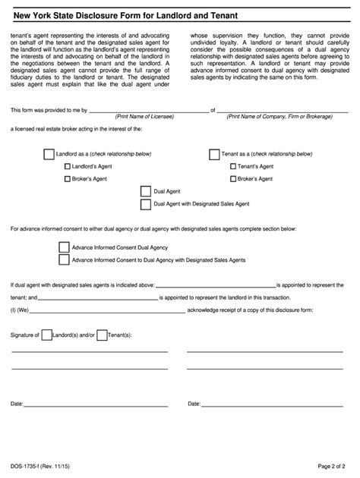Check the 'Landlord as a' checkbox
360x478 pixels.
pos(49,154)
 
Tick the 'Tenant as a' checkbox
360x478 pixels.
pos(214,154)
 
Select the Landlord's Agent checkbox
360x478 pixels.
pos(68,166)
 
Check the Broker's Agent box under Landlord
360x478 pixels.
pos(68,179)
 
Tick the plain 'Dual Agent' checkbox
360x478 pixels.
pos(146,191)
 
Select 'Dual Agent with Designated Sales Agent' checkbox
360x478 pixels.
pos(146,204)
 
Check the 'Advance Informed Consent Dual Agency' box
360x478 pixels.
pos(64,247)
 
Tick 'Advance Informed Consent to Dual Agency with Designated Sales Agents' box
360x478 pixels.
pos(64,260)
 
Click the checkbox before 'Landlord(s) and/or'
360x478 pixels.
pos(47,335)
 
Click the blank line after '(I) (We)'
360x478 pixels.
pos(107,310)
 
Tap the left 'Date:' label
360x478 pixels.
pos(17,404)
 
